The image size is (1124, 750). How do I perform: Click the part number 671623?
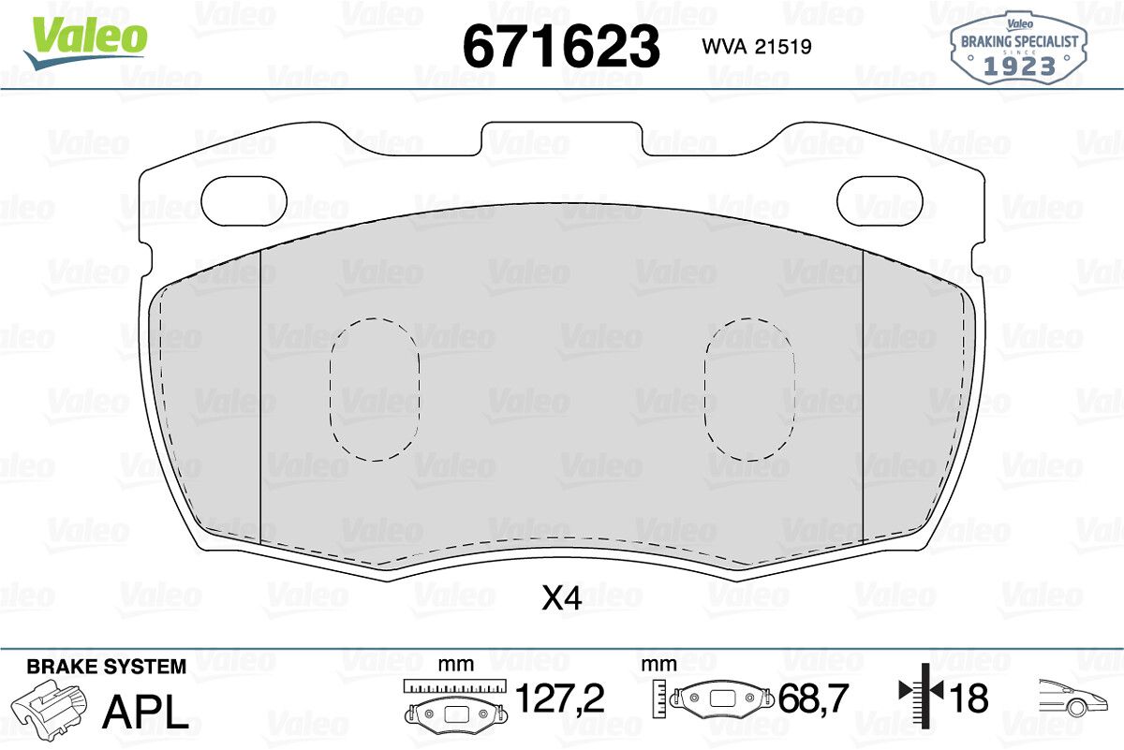click(x=561, y=47)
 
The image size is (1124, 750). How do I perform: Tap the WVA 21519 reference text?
click(x=757, y=47)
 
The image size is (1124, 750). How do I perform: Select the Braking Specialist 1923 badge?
click(x=1019, y=48)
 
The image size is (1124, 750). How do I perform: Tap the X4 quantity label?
click(x=561, y=598)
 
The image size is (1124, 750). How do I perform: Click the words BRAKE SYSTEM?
click(x=107, y=667)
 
